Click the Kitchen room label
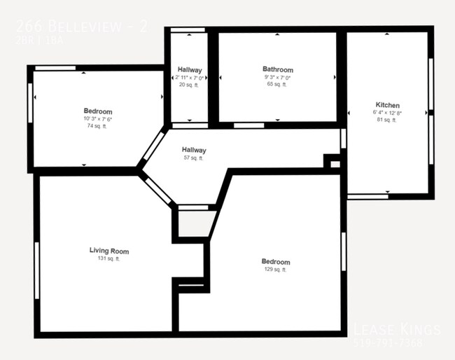387,105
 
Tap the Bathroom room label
277,69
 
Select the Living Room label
108,251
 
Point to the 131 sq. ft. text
108,259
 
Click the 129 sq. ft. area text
275,270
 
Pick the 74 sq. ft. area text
97,127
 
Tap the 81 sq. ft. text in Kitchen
387,120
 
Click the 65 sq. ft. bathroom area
277,84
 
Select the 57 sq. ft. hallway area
194,158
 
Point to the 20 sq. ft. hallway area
189,85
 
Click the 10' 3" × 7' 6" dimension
97,119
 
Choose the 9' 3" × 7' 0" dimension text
277,77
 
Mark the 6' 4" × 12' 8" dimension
387,113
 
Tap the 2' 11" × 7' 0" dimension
189,78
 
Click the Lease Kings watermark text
395,329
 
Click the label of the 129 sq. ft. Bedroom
275,262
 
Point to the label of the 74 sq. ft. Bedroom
97,111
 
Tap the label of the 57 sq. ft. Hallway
194,150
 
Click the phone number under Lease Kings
397,343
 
